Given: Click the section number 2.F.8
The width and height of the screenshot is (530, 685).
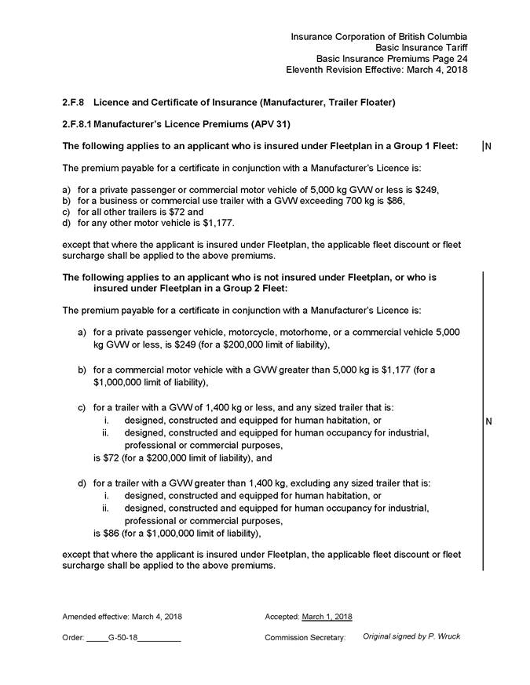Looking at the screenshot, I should pyautogui.click(x=74, y=103).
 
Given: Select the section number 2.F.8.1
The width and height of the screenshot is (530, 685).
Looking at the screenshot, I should pyautogui.click(x=79, y=124).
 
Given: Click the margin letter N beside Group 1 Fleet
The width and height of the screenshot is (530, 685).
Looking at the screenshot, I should pyautogui.click(x=488, y=146).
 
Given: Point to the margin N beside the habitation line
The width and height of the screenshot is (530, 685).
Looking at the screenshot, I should pyautogui.click(x=488, y=422).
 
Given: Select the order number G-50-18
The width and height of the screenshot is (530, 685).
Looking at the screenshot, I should pyautogui.click(x=122, y=638).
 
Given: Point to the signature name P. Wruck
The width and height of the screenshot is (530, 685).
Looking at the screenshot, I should pyautogui.click(x=444, y=636).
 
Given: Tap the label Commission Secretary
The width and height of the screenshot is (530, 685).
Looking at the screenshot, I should pyautogui.click(x=305, y=638).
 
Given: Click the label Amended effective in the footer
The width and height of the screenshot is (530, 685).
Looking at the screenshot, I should pyautogui.click(x=91, y=616).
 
